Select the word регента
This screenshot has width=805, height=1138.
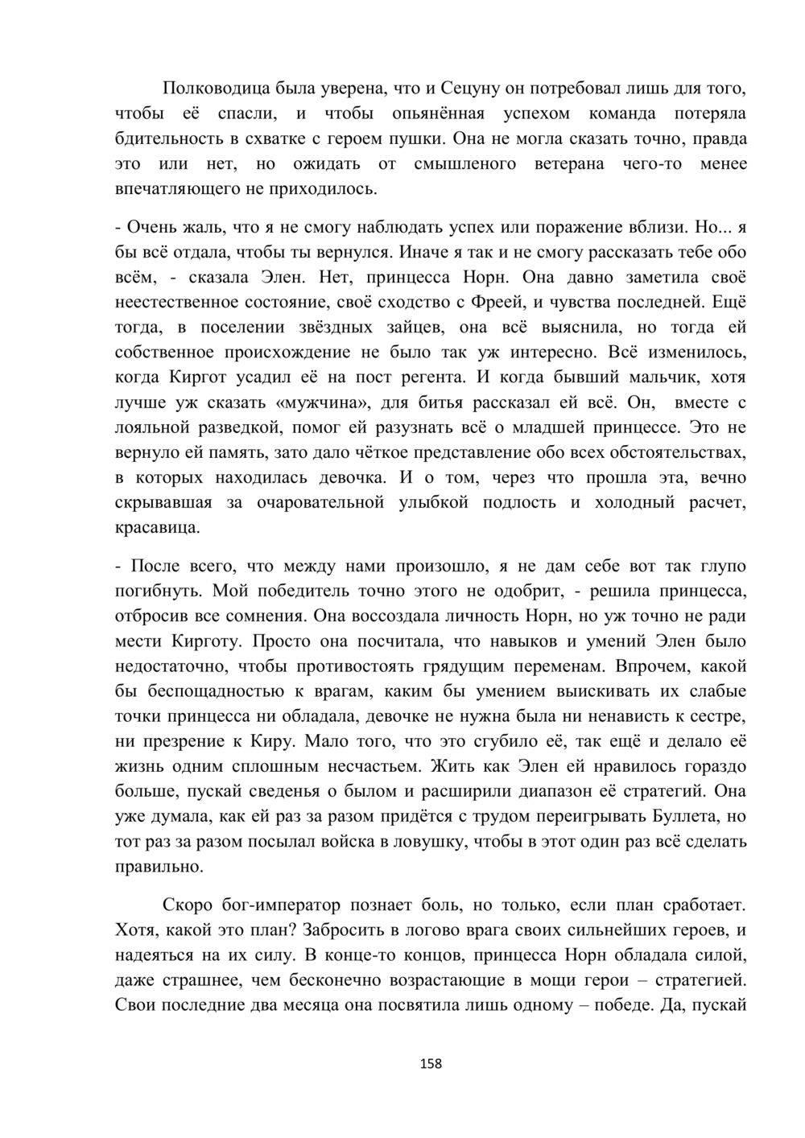(x=427, y=377)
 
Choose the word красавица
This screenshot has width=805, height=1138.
(x=156, y=529)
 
